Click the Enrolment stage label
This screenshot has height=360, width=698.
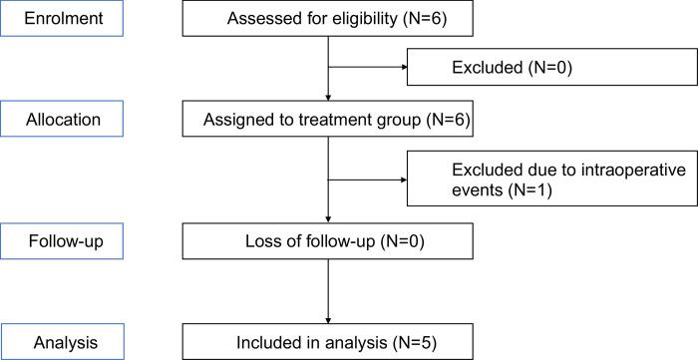click(x=62, y=19)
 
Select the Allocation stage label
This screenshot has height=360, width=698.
click(x=62, y=120)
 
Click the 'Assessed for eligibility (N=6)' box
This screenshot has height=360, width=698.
click(x=328, y=20)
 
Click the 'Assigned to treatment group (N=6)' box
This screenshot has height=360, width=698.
click(x=328, y=121)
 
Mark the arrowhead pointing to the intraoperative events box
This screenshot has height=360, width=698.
click(x=404, y=181)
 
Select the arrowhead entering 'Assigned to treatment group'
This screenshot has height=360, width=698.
click(x=328, y=99)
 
